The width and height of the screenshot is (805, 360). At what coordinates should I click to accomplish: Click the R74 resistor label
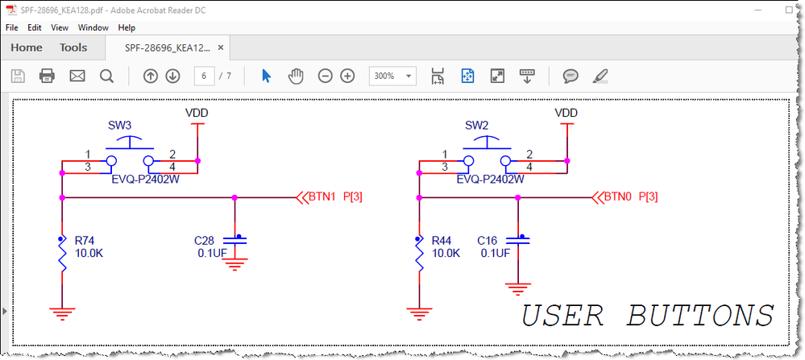point(85,241)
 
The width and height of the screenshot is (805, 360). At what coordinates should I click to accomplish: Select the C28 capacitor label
point(205,241)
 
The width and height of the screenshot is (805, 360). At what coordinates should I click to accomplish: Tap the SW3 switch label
point(119,125)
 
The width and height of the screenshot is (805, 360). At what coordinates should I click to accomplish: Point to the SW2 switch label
point(476,125)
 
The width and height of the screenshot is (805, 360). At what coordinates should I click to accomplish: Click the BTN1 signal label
point(322,197)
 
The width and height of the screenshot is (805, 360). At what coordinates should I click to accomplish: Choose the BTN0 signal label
point(618,197)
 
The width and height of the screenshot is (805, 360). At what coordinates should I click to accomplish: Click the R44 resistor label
point(442,241)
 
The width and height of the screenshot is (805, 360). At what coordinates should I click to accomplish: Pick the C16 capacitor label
point(488,241)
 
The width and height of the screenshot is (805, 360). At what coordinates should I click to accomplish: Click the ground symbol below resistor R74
point(62,312)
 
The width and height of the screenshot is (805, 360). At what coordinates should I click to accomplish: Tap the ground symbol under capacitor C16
point(517,288)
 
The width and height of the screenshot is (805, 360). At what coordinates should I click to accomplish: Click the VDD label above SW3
point(197,113)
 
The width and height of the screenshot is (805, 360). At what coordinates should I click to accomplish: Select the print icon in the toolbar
point(47,77)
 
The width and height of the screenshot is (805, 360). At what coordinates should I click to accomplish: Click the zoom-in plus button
point(347,77)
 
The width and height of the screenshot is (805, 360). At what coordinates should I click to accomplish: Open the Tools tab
point(73,48)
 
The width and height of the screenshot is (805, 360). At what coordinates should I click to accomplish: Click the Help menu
point(127,27)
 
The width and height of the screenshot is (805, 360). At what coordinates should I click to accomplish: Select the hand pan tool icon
point(296,77)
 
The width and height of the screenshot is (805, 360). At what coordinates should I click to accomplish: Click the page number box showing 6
point(204,77)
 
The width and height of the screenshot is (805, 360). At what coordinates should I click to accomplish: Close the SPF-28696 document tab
point(221,48)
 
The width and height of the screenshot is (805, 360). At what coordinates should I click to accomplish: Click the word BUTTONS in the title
point(700,315)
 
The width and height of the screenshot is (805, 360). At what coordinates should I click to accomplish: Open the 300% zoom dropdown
point(392,77)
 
